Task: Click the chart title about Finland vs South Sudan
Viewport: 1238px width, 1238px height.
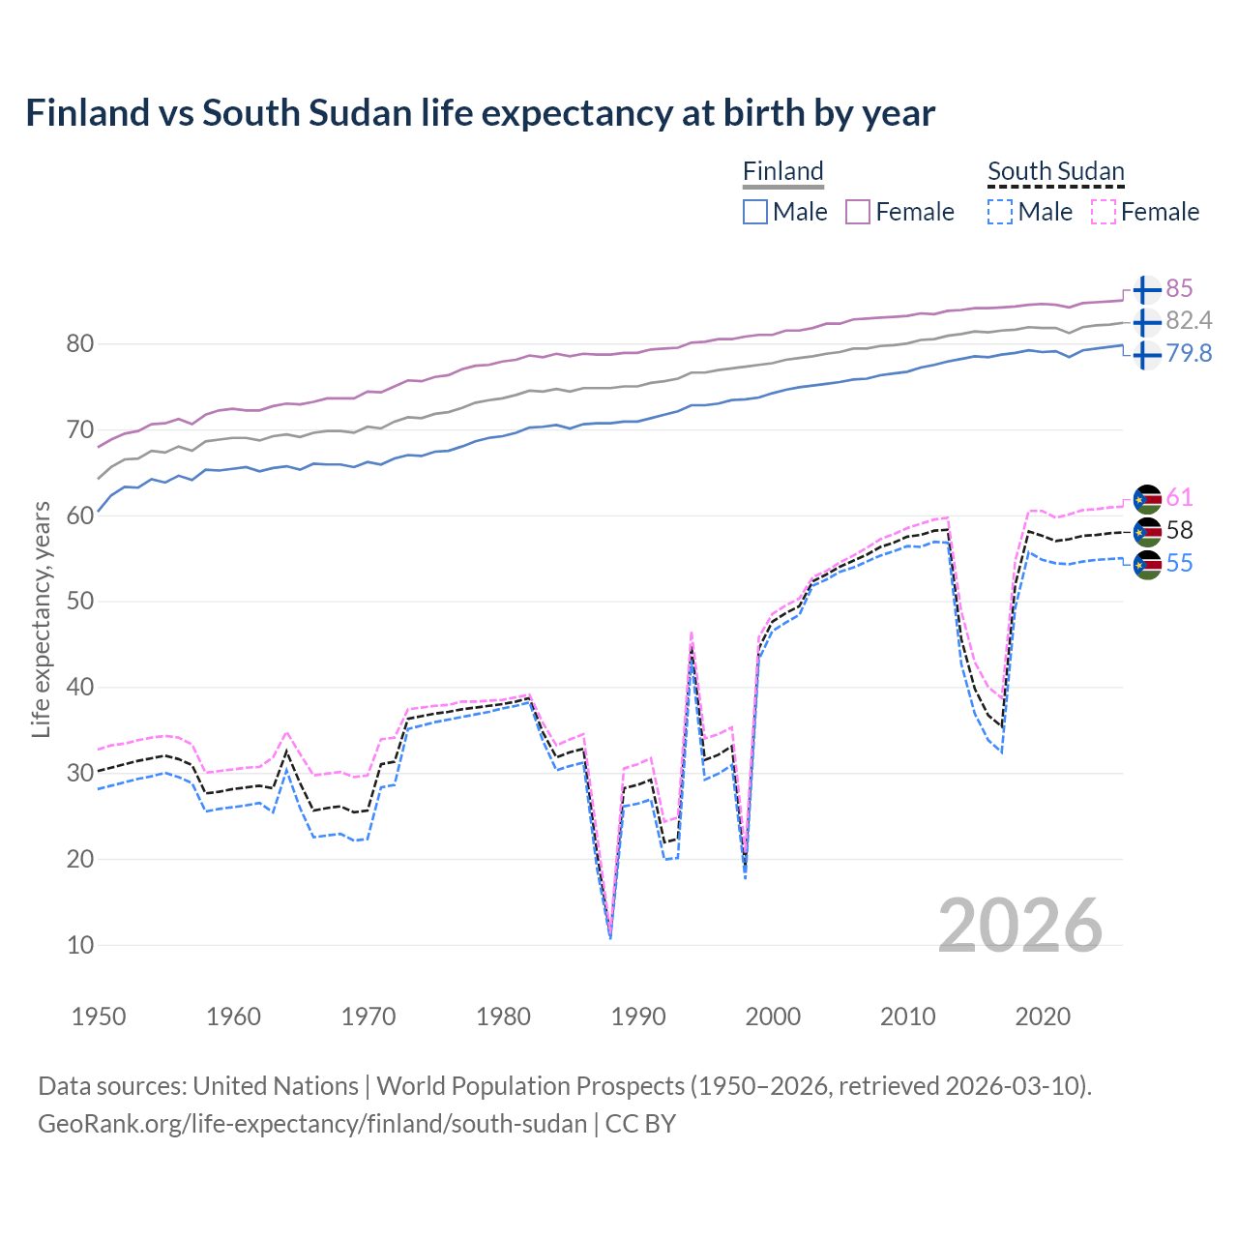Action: (x=480, y=113)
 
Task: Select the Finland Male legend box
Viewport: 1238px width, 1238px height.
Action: (x=755, y=212)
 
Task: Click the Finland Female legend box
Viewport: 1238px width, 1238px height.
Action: (x=859, y=212)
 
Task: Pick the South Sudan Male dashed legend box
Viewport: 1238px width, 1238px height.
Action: (x=1000, y=212)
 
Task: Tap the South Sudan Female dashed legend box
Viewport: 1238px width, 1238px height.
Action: (x=1104, y=212)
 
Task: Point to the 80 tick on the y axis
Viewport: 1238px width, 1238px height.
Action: (x=80, y=344)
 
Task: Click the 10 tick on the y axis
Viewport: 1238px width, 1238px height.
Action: (x=80, y=945)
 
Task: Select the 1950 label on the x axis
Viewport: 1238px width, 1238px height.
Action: (x=99, y=1017)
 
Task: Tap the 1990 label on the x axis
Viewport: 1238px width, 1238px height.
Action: (x=638, y=1017)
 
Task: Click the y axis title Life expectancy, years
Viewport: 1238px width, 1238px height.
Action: (x=41, y=619)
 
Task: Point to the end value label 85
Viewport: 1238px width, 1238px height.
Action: (x=1179, y=289)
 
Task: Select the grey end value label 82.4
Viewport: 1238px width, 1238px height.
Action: (x=1189, y=321)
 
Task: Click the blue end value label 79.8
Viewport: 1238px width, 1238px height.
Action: (x=1189, y=354)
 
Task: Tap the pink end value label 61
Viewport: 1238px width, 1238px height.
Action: (x=1179, y=498)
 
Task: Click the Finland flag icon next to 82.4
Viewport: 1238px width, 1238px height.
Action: (x=1146, y=321)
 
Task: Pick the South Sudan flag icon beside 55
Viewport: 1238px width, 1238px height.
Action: (x=1147, y=564)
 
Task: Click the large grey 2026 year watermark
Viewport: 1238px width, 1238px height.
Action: (x=1020, y=926)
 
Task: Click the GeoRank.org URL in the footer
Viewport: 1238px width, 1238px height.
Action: (x=312, y=1124)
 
